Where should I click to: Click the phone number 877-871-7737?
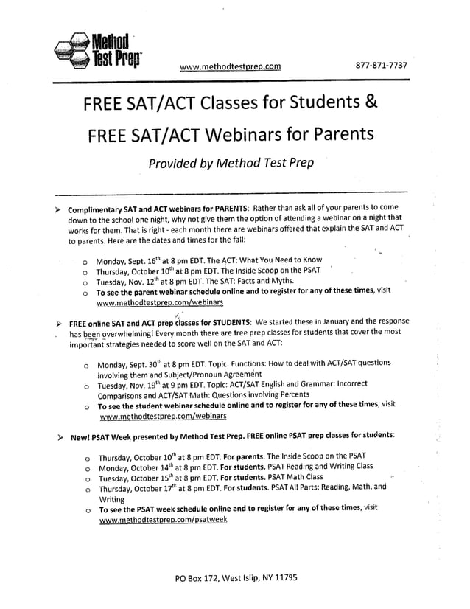coord(381,66)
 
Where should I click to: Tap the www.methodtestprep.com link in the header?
coord(230,66)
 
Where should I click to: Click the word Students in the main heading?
coord(321,102)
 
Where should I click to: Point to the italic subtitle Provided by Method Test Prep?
coord(231,163)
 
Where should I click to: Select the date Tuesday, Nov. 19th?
coord(133,385)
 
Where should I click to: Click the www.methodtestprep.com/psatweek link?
coord(163,519)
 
